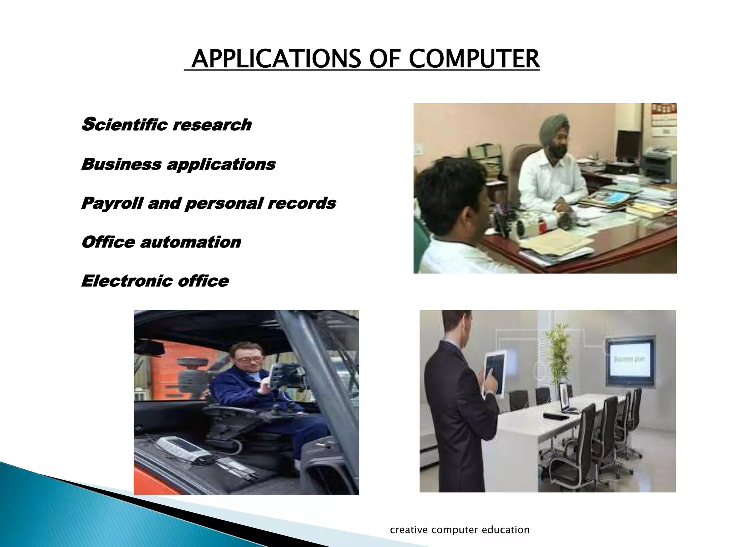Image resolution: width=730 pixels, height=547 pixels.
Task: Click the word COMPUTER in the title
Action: (474, 59)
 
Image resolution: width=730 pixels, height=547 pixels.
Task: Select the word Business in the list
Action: (121, 164)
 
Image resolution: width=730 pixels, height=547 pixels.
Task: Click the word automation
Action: (190, 243)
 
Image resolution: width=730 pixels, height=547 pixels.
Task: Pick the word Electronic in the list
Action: (127, 281)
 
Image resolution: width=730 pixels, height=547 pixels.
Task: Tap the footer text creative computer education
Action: (459, 530)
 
